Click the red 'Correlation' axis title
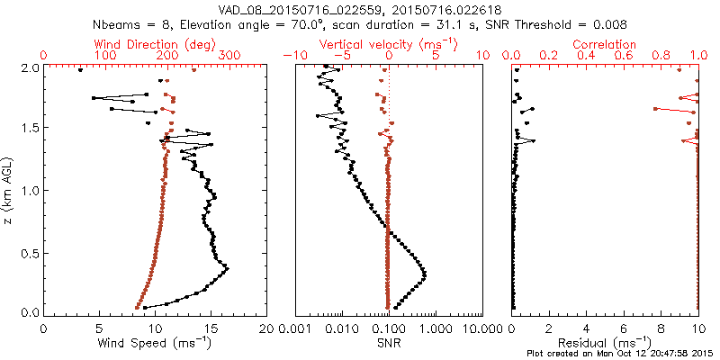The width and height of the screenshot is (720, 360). pos(606,43)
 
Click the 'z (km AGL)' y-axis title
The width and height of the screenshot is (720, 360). pos(9,190)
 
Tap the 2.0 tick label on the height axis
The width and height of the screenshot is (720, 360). pos(29,67)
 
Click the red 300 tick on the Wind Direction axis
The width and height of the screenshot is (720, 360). pos(229,56)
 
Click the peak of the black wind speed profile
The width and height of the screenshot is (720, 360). pos(227,268)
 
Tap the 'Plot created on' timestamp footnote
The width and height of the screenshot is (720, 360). pos(621,355)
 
